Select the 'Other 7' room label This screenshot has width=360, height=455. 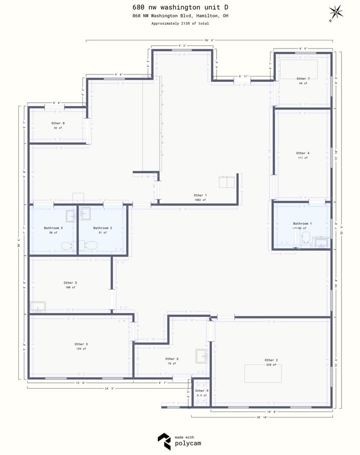(303, 79)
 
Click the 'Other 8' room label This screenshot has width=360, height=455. (58, 123)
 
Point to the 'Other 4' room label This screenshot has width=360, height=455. (303, 153)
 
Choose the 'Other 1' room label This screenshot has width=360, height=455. (200, 195)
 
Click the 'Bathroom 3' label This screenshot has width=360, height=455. (53, 228)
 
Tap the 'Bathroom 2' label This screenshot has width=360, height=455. (102, 228)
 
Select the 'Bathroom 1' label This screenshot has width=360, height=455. (302, 223)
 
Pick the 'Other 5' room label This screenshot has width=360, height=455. (70, 282)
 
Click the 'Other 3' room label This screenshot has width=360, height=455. (81, 344)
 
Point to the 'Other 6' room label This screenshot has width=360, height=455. (172, 359)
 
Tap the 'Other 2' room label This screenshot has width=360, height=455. (271, 360)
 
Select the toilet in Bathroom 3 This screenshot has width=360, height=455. (67, 246)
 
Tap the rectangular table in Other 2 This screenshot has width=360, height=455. (263, 374)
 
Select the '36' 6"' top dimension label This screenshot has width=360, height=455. (210, 40)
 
